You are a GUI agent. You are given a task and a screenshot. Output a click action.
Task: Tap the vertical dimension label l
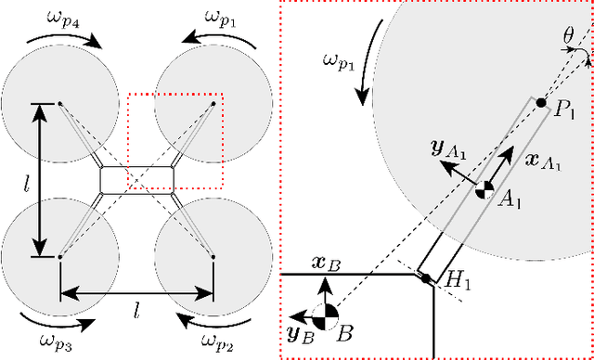point(27,179)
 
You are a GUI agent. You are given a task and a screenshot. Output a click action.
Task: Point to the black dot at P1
point(541,101)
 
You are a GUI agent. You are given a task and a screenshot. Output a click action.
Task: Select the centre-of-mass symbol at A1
point(484,190)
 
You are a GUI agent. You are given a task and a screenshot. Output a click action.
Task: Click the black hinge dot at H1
point(424,277)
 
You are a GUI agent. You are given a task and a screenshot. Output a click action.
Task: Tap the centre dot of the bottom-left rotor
point(60,256)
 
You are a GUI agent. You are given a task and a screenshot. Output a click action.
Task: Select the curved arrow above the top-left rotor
point(60,39)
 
